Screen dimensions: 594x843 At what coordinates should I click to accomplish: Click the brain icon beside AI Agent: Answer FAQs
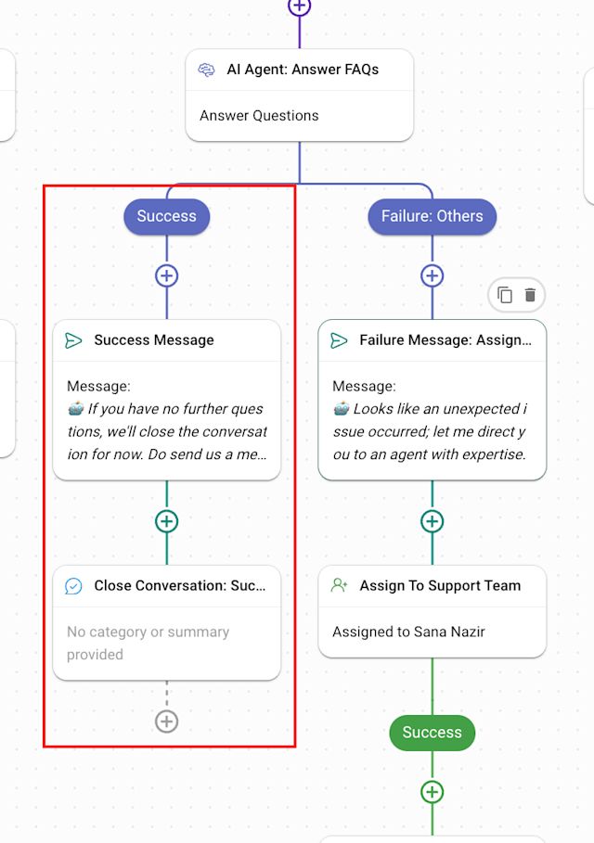tap(207, 70)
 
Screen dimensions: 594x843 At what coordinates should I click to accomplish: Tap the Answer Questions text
tap(259, 116)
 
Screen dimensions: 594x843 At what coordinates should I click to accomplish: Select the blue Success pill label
tap(167, 216)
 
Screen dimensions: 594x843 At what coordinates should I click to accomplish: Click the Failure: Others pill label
tap(433, 216)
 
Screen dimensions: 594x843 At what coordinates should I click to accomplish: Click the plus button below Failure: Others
tap(433, 275)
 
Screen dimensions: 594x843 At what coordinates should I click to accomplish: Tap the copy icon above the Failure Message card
tap(505, 295)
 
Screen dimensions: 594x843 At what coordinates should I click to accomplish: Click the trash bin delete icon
tap(530, 295)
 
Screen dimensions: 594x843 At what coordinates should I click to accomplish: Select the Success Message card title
tap(154, 339)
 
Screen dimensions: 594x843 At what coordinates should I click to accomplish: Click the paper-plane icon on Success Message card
tap(73, 340)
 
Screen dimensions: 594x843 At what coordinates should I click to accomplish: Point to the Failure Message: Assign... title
tap(445, 339)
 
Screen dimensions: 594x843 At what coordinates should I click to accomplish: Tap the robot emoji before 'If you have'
tap(76, 409)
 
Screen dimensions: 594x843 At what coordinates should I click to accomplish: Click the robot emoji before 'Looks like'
tap(342, 409)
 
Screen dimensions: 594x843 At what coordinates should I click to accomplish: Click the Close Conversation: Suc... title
tap(180, 585)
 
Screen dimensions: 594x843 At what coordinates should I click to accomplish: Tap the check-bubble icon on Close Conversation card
tap(73, 586)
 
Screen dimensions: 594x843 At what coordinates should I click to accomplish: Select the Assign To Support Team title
tap(440, 585)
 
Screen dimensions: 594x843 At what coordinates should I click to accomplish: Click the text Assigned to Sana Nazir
tap(409, 632)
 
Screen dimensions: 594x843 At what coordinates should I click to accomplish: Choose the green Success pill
tap(433, 733)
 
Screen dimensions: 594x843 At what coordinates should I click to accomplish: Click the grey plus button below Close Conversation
tap(167, 722)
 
